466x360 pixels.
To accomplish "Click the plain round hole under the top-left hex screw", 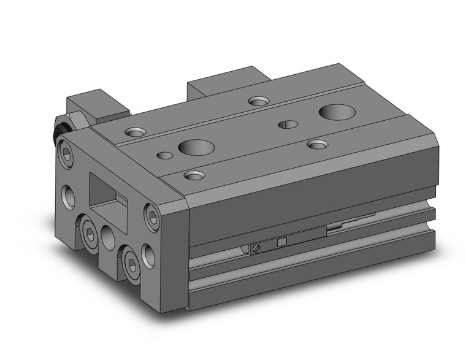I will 69,196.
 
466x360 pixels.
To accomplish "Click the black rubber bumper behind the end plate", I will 59,131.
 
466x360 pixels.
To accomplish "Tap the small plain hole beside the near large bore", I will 164,155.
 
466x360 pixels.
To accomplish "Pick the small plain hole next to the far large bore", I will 288,124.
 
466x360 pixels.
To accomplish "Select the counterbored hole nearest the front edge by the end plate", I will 194,176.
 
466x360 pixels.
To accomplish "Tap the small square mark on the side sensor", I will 283,241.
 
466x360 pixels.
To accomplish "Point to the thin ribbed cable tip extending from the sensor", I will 362,218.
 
